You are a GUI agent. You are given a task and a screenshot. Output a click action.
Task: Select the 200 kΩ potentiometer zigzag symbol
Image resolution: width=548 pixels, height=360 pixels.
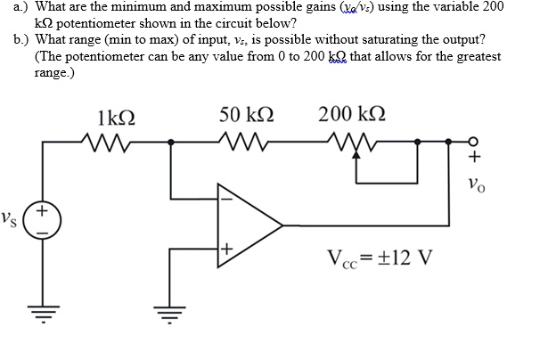point(349,140)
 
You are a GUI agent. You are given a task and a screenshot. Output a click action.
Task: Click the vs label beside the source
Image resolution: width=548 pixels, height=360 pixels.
point(12,218)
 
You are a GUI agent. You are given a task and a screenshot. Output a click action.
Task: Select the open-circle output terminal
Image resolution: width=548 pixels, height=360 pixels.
point(473,141)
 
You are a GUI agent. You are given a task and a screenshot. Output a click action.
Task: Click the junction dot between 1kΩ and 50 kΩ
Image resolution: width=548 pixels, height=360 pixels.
point(170,141)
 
